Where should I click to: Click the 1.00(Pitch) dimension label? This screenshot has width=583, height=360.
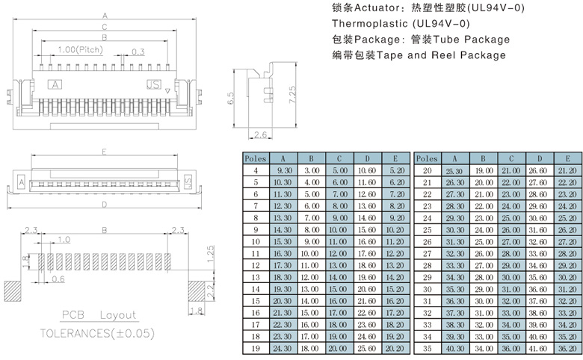(x=78, y=50)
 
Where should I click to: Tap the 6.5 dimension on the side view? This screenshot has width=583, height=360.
(x=232, y=98)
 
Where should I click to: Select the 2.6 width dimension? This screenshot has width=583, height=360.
(x=262, y=135)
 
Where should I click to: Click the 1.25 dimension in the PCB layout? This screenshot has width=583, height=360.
(x=212, y=251)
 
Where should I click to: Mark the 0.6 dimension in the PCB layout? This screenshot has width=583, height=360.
(x=58, y=280)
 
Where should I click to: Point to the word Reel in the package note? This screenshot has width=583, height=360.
(x=445, y=55)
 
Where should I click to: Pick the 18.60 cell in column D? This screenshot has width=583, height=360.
(x=367, y=265)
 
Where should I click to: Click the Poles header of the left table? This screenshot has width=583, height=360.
(x=255, y=158)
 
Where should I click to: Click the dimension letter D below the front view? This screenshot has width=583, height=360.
(x=104, y=204)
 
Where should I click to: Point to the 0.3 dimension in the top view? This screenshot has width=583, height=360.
(x=138, y=52)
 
